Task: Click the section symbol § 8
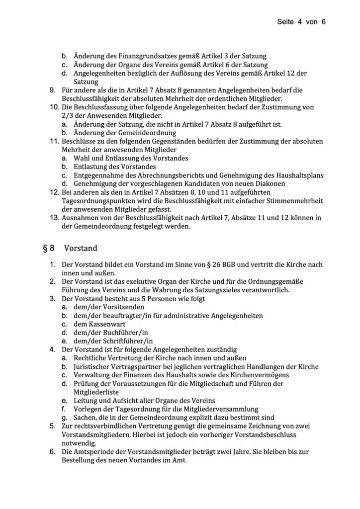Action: coord(46,247)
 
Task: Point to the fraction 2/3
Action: coord(67,115)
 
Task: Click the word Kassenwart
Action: coord(103,324)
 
